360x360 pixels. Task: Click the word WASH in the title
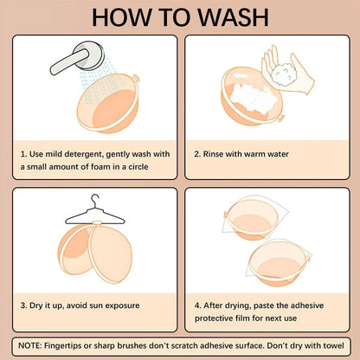tap(234, 17)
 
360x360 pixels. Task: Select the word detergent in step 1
tap(83, 154)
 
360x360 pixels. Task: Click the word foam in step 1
tap(100, 167)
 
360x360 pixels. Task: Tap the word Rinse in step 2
tap(213, 154)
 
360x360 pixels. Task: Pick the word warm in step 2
tap(254, 154)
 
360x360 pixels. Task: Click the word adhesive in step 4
tap(307, 305)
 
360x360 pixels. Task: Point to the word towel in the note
tap(334, 345)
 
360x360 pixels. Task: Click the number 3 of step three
tap(22, 305)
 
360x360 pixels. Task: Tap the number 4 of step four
tap(197, 305)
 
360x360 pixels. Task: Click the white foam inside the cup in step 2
tap(254, 97)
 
